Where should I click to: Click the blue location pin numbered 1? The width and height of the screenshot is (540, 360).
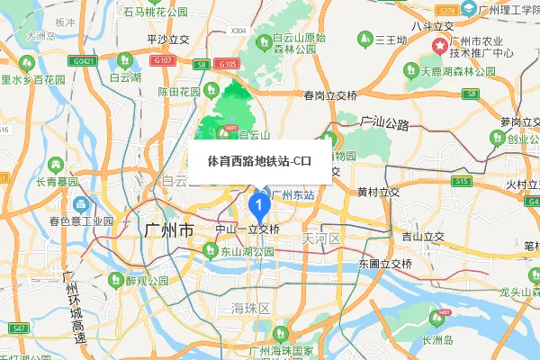coord(259,206)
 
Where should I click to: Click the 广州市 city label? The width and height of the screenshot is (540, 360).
coord(168,230)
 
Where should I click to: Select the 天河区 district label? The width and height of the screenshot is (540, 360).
coord(320,238)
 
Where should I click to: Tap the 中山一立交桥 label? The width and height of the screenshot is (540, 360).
coord(247,229)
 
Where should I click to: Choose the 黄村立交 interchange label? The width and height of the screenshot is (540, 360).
coord(378,192)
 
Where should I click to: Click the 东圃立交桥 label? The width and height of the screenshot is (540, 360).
coord(384,264)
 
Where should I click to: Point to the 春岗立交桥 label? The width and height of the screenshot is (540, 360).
coord(330,96)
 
